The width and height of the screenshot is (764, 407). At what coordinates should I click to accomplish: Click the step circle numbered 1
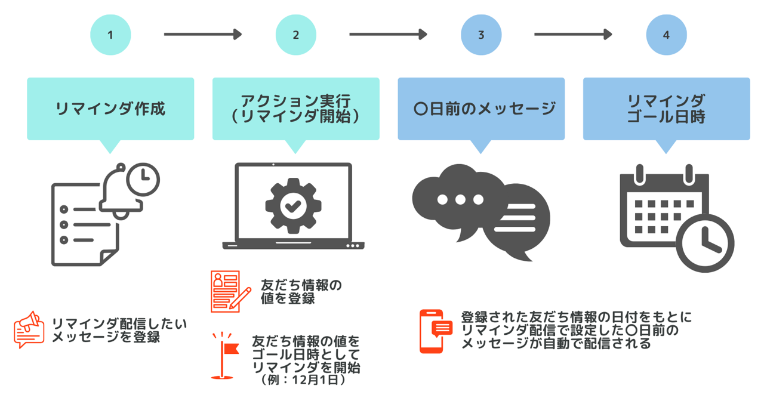coord(110,35)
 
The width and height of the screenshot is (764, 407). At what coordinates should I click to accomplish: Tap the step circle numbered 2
coord(295,35)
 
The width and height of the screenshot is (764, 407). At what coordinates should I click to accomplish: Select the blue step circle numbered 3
coord(481,35)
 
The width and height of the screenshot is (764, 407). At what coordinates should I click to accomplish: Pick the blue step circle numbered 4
coord(666,35)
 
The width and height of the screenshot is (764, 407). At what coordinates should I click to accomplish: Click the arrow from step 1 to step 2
coord(202,35)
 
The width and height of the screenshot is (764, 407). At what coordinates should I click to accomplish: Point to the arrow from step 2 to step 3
coord(388,35)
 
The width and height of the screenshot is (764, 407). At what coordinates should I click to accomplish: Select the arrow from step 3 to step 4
coord(573,35)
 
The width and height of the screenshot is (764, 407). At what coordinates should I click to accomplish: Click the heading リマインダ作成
coord(110,109)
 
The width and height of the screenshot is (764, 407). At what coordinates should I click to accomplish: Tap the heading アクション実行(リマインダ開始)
coord(295,109)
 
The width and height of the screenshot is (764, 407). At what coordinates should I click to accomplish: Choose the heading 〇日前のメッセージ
coord(481,109)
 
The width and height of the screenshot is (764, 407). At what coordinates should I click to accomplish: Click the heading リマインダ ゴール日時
coord(666,109)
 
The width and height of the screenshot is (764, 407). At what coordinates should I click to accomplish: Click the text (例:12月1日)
coord(303,380)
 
